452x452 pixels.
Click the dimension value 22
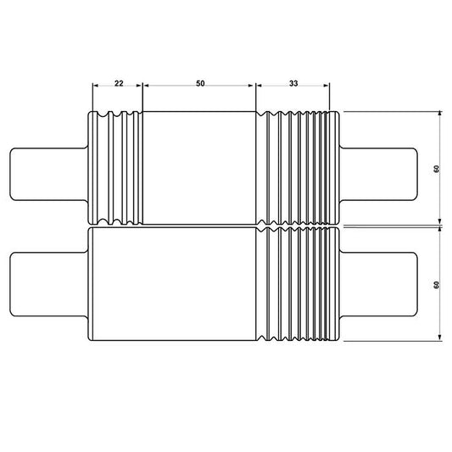coord(118,83)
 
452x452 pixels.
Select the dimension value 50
coord(200,83)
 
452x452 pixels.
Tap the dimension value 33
coord(293,83)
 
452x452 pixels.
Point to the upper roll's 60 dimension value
coord(436,168)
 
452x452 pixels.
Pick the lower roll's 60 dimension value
coord(436,284)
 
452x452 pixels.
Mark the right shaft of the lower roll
coord(378,283)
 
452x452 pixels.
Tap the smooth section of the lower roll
coord(174,286)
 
